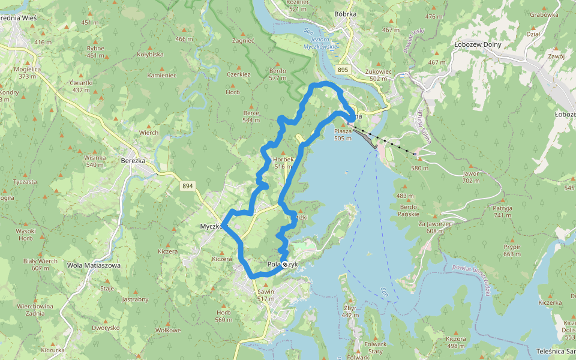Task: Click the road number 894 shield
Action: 188,187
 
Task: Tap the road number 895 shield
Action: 343,70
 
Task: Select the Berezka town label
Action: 133,161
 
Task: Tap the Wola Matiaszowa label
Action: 94,265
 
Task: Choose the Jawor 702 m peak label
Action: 471,177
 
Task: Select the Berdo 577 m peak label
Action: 277,74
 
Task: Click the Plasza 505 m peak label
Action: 343,134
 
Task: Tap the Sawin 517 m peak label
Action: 265,295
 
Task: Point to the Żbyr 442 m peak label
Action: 350,311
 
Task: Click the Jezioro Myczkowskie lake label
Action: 320,42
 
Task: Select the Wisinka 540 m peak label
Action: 95,161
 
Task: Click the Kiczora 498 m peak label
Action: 456,342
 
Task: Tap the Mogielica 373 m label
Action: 29,73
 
